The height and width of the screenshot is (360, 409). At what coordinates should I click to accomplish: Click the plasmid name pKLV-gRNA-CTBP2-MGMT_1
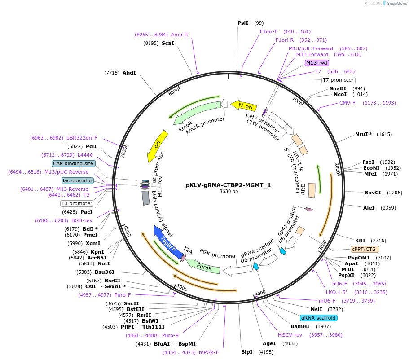229,185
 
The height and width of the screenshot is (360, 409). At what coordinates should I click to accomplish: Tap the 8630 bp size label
229,192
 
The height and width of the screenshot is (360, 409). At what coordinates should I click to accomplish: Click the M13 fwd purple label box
317,63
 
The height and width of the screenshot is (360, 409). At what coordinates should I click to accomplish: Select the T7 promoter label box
338,80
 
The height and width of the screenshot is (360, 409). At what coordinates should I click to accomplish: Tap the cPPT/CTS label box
365,249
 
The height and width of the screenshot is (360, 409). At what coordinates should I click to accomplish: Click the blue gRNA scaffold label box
318,318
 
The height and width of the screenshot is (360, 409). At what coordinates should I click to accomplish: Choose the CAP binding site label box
73,163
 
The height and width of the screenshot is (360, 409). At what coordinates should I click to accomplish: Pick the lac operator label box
78,180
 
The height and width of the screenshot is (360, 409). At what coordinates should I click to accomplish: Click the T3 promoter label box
77,203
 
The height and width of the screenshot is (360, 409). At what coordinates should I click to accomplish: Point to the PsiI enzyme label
242,23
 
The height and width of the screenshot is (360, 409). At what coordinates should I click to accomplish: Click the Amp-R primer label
180,35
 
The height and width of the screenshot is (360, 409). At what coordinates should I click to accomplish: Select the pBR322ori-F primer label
82,138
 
